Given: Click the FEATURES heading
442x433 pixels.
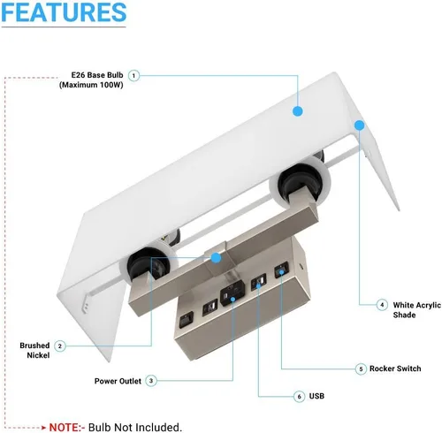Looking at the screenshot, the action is (x=64, y=12).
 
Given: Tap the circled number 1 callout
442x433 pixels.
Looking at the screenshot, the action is (x=133, y=76).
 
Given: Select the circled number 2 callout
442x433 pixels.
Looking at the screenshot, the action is (x=60, y=346).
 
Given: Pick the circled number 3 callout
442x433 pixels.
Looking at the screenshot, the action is (x=151, y=381).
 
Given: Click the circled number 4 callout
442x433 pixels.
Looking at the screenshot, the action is (x=382, y=305).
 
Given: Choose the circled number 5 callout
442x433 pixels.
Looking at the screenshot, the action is (x=361, y=368).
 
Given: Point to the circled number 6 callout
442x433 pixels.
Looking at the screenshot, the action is (x=299, y=397).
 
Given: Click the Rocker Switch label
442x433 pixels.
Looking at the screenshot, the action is (x=395, y=368).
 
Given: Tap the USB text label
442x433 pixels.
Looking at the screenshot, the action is (x=316, y=396).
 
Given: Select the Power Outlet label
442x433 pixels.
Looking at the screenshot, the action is (x=118, y=381).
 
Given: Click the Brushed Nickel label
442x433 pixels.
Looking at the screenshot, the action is (x=34, y=350).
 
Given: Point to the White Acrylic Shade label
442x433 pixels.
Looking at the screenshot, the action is (x=416, y=310).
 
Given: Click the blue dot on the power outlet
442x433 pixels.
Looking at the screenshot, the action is (x=232, y=300).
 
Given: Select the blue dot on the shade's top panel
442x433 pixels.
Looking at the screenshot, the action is (x=298, y=111).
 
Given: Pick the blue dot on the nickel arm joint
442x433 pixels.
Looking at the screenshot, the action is (x=216, y=258).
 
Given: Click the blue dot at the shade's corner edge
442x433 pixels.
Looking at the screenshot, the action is (x=359, y=125).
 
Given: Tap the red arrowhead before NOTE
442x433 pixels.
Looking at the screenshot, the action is (x=43, y=428).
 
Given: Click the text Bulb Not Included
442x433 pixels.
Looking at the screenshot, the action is (x=135, y=427).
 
